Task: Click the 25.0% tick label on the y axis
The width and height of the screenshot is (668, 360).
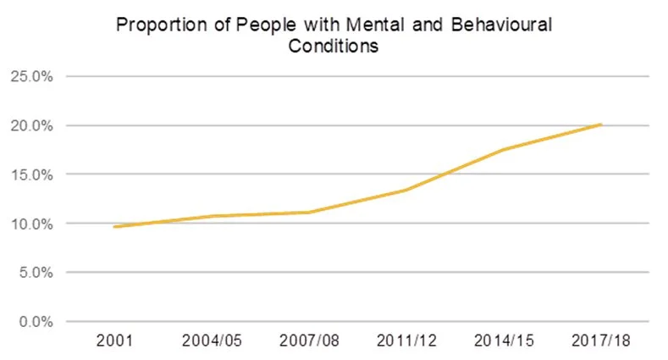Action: [31, 76]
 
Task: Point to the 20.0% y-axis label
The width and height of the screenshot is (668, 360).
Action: [31, 125]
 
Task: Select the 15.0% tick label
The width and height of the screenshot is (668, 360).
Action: [31, 174]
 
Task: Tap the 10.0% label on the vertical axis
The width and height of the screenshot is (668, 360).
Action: [31, 224]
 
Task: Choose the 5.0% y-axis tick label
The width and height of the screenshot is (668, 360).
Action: [35, 273]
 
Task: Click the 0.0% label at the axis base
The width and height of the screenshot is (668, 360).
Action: [35, 322]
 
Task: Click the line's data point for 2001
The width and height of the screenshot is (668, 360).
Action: [115, 227]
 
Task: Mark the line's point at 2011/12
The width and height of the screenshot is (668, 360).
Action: [407, 190]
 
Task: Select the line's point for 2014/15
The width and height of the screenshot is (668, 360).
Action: [504, 150]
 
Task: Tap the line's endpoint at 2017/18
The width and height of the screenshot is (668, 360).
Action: [601, 125]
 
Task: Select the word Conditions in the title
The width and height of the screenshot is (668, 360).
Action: [333, 46]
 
